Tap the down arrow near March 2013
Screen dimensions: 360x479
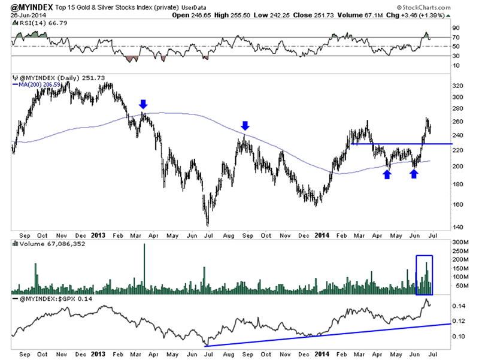(x=144, y=104)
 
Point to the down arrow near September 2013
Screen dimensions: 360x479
(x=245, y=125)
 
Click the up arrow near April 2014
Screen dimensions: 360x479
(x=387, y=174)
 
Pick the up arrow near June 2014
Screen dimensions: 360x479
(x=414, y=174)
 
